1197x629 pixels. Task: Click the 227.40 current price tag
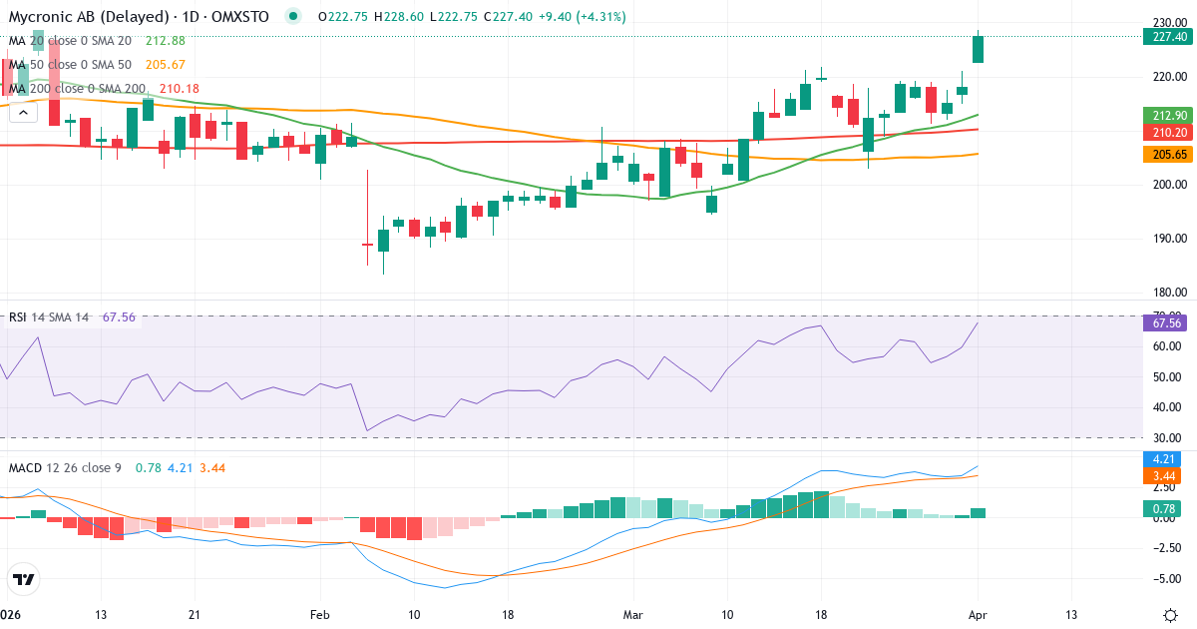pos(1167,37)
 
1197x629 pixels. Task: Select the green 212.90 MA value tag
pos(1167,116)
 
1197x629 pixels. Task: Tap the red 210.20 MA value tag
pos(1167,133)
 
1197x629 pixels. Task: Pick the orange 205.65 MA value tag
pos(1167,154)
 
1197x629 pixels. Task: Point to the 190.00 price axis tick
pos(1165,239)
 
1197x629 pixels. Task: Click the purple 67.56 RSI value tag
pos(1167,322)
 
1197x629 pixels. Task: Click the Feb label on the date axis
pos(319,614)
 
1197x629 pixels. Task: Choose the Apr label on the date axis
pos(978,614)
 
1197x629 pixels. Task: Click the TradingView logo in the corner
pos(24,579)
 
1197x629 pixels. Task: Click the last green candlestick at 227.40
pos(979,49)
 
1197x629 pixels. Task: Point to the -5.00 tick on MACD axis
pos(1165,578)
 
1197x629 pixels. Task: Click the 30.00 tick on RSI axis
pos(1165,437)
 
